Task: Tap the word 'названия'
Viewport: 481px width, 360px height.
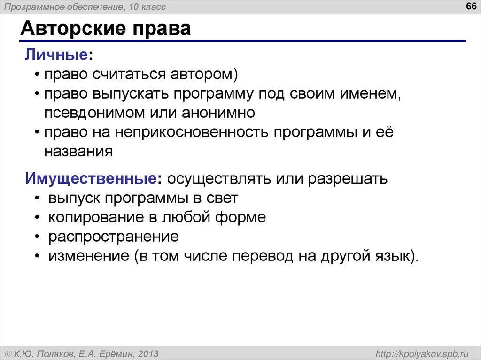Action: click(78, 152)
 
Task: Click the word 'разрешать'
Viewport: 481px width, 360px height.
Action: click(348, 178)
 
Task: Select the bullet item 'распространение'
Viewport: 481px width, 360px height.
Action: click(113, 237)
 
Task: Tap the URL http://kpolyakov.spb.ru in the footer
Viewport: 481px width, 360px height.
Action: click(419, 353)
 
